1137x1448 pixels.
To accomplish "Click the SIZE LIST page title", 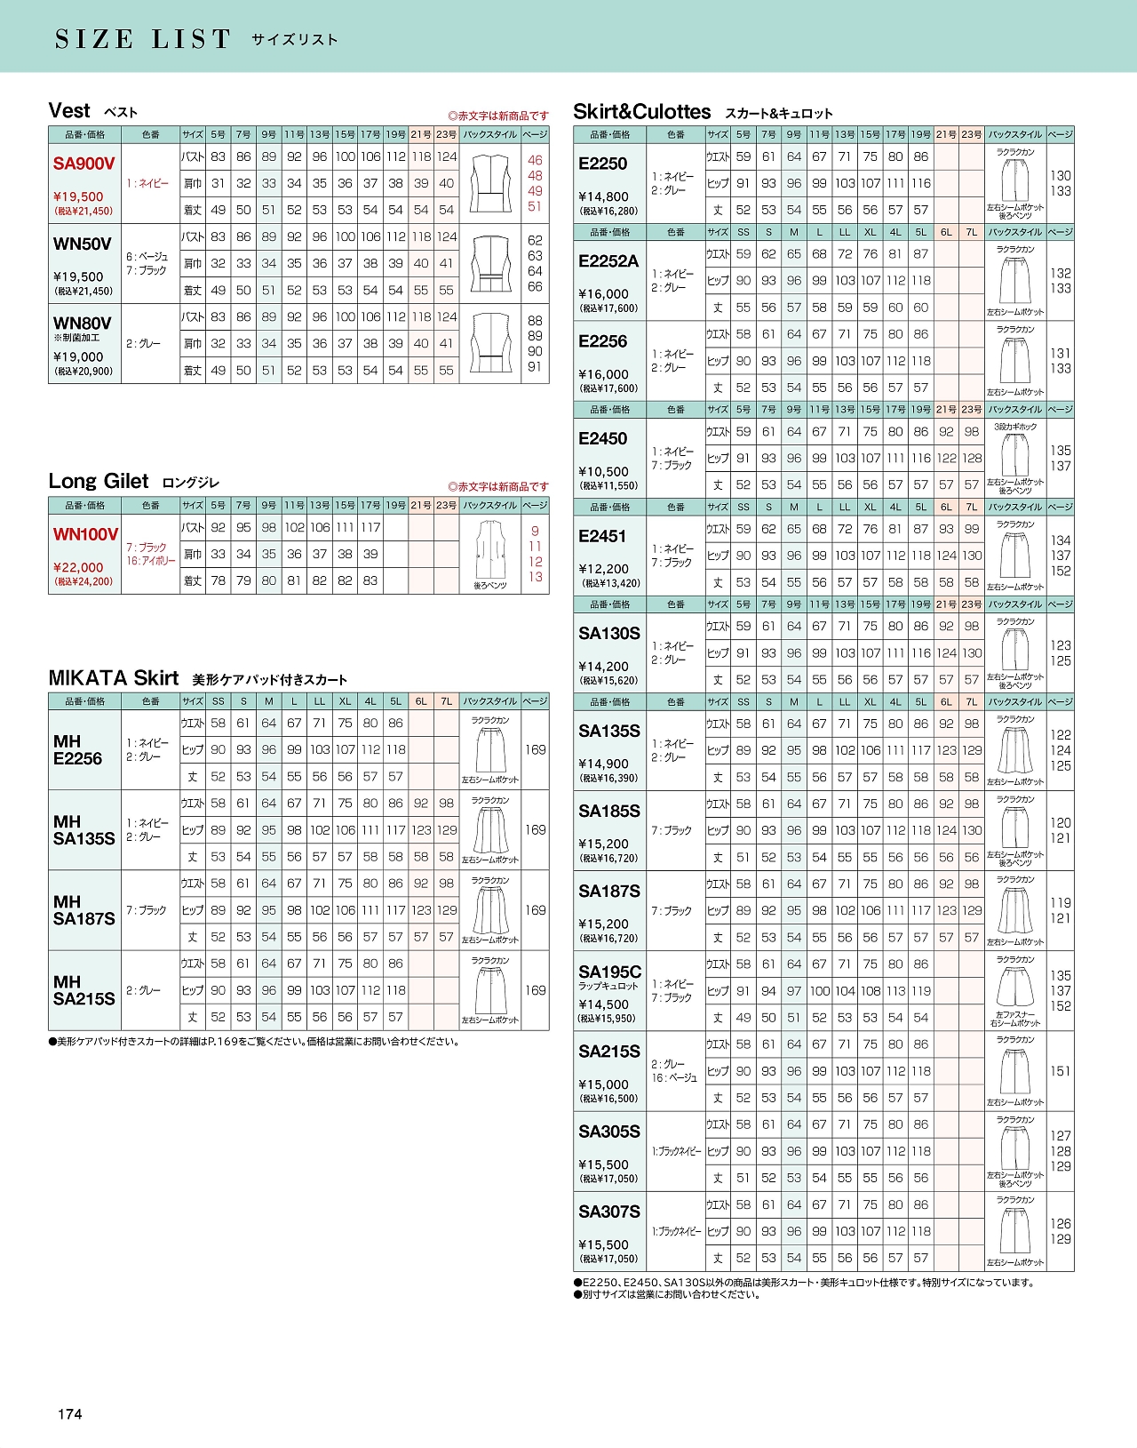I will (x=143, y=39).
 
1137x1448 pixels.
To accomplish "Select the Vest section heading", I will (x=69, y=111).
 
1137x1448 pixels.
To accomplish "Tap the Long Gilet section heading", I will (x=99, y=481).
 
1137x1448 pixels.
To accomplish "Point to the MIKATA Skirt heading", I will (x=114, y=678).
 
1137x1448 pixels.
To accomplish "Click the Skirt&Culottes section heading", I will (x=642, y=112).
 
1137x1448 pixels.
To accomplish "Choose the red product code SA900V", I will (x=83, y=164).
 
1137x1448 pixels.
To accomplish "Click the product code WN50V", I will (x=83, y=244).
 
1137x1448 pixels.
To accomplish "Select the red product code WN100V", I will (x=85, y=534).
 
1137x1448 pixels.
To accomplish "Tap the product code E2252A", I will (x=608, y=261).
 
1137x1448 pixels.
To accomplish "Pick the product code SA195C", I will (x=609, y=972).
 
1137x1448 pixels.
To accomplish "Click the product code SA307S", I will (x=609, y=1212).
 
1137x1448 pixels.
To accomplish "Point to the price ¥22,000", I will (x=78, y=567).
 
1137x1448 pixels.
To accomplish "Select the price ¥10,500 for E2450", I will (x=603, y=471).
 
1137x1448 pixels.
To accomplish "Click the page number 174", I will (x=69, y=1414).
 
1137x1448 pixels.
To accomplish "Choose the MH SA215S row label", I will (x=83, y=990).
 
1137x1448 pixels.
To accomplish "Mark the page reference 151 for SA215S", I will (x=1061, y=1071).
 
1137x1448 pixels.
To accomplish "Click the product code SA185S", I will (x=609, y=811).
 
